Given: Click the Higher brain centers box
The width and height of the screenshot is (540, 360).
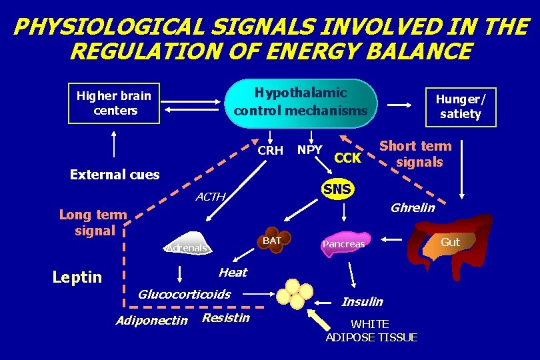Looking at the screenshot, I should point(114,103).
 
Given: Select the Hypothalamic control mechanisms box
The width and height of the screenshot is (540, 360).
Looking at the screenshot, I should point(301,101).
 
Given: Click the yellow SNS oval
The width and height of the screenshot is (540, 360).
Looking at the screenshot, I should point(337,189).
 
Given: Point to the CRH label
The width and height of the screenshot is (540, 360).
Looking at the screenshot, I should point(270,150).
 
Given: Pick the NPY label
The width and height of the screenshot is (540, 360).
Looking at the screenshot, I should point(310,150).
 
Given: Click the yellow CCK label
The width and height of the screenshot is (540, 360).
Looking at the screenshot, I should point(347,158).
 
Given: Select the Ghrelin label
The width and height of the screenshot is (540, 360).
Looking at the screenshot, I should point(412,207).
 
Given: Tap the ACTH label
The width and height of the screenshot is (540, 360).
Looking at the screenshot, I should point(211,197).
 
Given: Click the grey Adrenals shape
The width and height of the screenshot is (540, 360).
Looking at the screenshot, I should point(187,247).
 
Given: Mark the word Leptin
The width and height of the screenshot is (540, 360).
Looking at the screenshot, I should point(77,277).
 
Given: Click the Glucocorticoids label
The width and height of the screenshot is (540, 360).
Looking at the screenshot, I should point(184,294).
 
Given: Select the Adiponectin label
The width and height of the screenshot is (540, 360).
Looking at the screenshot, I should point(151,321).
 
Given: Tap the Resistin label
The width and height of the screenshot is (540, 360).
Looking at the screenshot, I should point(225,318).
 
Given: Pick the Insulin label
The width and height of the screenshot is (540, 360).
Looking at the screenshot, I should point(362,302).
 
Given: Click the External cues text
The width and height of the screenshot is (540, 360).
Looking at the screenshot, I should point(115,175).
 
